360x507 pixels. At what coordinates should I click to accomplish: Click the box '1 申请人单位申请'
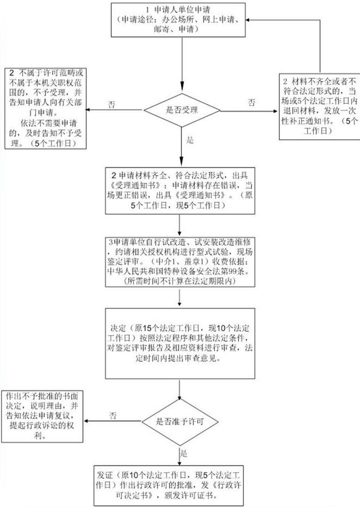click(178, 20)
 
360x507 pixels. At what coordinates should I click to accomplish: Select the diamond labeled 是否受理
click(182, 110)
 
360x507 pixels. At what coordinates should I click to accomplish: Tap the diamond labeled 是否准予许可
click(180, 422)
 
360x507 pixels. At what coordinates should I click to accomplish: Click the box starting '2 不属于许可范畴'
click(46, 108)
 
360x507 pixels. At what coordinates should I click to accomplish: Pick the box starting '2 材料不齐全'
click(320, 107)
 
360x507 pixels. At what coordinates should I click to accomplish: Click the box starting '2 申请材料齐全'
click(180, 190)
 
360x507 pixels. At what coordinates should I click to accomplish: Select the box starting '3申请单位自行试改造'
click(180, 262)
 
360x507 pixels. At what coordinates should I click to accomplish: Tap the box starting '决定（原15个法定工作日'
click(180, 343)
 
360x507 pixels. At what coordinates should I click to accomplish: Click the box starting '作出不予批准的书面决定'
click(42, 417)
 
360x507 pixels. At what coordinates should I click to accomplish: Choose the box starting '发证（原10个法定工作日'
click(169, 486)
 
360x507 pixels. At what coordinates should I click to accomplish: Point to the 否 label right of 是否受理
click(252, 103)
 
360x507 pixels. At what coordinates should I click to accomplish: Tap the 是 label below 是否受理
click(190, 140)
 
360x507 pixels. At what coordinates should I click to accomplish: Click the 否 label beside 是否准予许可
click(113, 416)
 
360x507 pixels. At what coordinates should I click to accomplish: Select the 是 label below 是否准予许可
click(184, 453)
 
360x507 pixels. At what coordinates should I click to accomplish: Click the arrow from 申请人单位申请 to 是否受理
click(182, 65)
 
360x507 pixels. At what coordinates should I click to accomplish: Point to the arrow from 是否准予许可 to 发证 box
click(179, 455)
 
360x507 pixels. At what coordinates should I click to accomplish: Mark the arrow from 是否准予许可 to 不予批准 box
click(113, 421)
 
